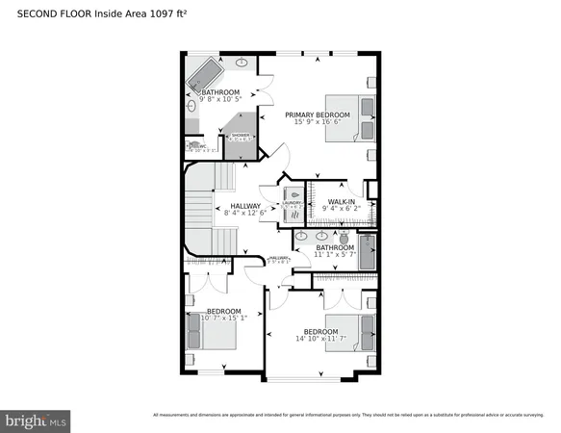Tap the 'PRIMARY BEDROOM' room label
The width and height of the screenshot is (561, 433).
[318, 115]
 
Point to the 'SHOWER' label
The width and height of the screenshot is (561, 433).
[240, 136]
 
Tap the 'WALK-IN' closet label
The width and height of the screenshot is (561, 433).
[341, 199]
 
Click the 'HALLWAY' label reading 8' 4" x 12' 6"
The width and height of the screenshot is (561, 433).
[247, 206]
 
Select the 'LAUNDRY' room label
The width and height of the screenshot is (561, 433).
[293, 204]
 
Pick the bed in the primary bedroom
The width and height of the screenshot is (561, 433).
[350, 118]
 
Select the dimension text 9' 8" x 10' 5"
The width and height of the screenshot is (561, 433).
[220, 100]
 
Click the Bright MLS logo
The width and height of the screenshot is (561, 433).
[36, 420]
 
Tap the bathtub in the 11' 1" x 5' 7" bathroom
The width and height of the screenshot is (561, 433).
[366, 252]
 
